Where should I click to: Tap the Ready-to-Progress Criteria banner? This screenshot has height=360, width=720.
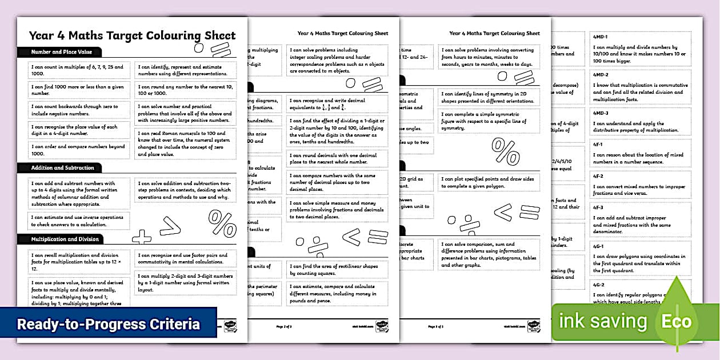click(109, 324)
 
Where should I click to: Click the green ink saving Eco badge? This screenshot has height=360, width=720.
click(629, 322)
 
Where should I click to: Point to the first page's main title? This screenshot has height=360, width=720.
click(132, 35)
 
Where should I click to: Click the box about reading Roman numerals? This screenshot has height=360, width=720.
click(185, 142)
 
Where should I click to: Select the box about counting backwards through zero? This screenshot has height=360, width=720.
click(79, 110)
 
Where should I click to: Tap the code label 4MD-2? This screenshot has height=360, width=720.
click(601, 75)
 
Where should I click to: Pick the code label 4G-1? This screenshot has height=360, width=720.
click(599, 246)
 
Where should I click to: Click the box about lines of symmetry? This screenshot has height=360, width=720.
click(489, 97)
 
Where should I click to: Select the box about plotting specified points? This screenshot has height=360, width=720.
click(489, 182)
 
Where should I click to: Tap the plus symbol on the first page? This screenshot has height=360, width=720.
click(141, 237)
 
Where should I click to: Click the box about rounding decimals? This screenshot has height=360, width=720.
click(337, 158)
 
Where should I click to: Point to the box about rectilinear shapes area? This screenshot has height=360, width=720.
click(337, 269)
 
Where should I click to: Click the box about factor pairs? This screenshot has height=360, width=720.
click(185, 259)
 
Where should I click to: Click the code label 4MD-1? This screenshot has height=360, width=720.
click(601, 37)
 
